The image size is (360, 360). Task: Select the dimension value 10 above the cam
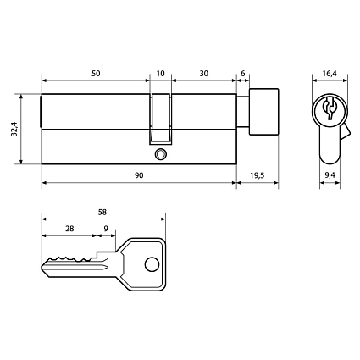click(161, 74)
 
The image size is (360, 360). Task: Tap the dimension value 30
click(203, 74)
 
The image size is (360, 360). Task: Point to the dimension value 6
click(243, 74)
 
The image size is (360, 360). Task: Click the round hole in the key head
click(152, 263)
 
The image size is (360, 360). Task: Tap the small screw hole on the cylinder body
click(161, 155)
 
